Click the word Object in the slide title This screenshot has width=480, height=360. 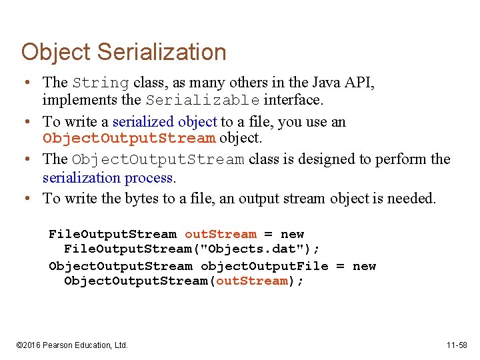click(56, 52)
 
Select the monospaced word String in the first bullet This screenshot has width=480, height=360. click(101, 83)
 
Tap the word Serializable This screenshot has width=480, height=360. click(203, 101)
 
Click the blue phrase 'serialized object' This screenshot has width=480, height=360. click(165, 121)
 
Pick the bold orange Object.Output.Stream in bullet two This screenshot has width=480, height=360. click(129, 139)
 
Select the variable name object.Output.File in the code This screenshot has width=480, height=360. click(264, 266)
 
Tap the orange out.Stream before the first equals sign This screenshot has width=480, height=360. click(220, 234)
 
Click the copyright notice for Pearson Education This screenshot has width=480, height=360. click(72, 345)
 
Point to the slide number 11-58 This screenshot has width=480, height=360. click(457, 345)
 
